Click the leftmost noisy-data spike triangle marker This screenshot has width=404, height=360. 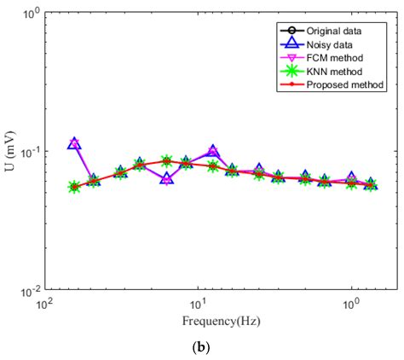74,143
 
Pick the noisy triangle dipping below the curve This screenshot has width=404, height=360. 167,179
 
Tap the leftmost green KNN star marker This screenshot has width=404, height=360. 74,187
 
